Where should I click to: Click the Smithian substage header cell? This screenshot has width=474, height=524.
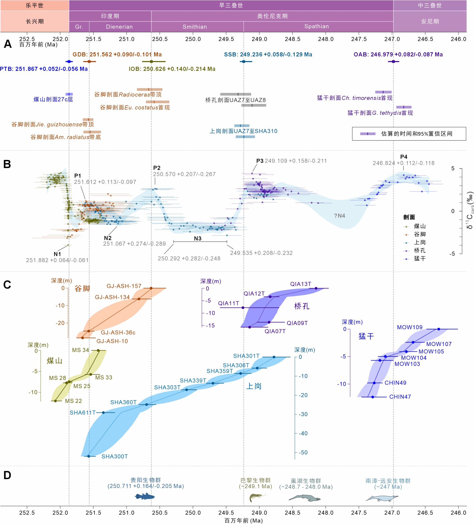point(195,27)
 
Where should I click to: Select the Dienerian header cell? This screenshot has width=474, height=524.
point(119,27)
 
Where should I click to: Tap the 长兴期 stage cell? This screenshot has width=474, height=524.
point(34,21)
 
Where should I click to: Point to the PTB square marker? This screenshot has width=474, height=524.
point(69,62)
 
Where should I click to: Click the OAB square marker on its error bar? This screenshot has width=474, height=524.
point(393,62)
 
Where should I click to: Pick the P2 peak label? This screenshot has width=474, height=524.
point(157,168)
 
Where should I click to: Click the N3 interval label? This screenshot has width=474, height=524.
point(197,239)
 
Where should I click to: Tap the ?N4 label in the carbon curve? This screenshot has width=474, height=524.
point(339,216)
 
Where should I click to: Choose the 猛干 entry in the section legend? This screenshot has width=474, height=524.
point(419,259)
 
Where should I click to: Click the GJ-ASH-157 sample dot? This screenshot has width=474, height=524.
point(151,288)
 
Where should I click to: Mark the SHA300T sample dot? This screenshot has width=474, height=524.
point(89,456)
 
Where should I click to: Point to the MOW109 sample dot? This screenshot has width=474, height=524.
point(439,329)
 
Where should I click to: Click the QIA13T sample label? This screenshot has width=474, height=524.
point(300,284)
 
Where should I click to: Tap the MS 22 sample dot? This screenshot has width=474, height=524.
point(55,401)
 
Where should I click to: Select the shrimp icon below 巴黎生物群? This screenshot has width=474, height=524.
point(257,497)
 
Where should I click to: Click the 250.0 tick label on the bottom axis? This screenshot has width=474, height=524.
point(193,513)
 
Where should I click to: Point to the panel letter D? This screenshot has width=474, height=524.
point(7,475)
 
